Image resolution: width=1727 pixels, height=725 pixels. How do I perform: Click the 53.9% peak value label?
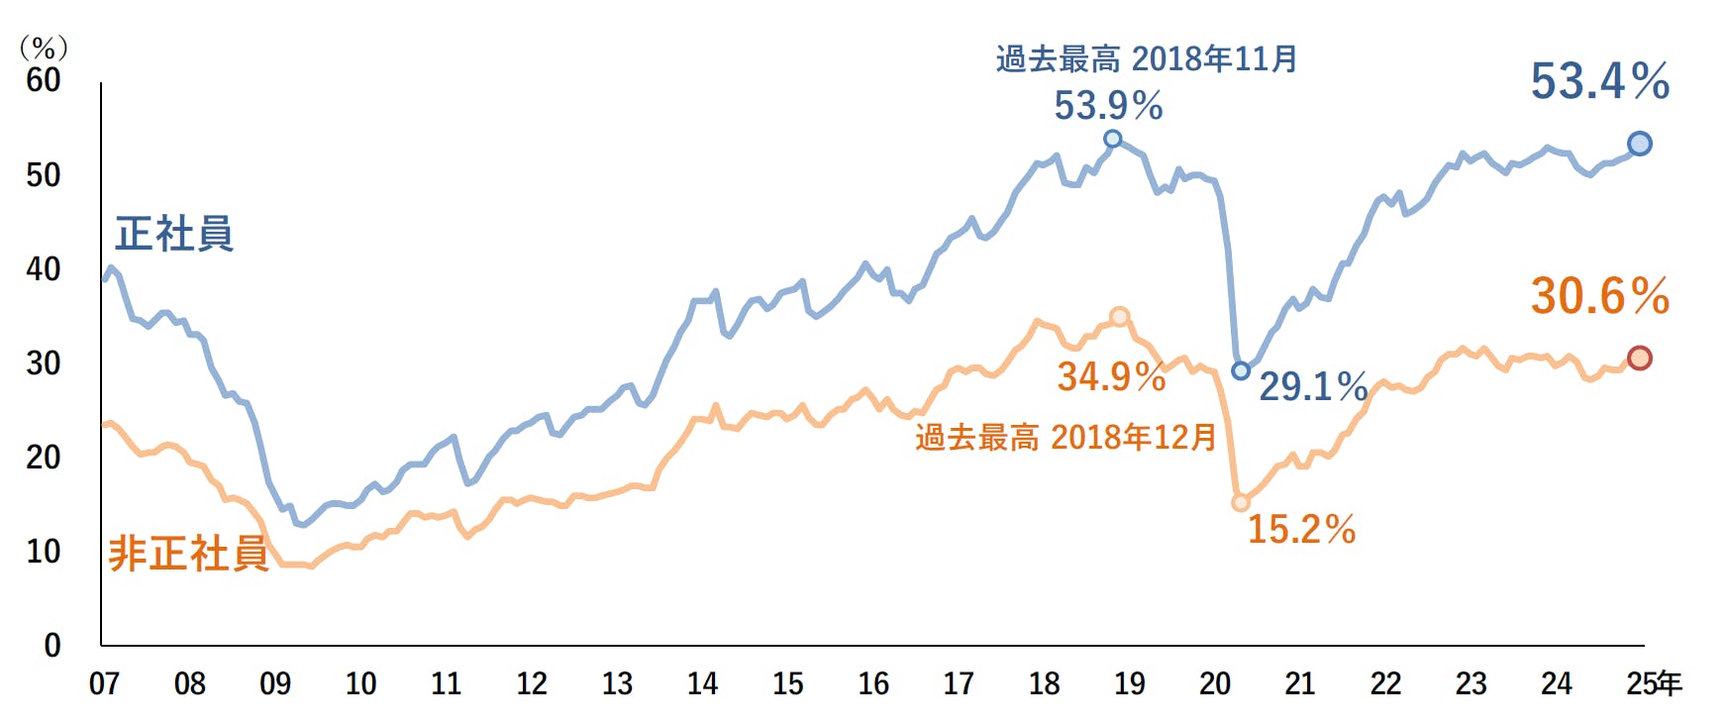pos(1108,105)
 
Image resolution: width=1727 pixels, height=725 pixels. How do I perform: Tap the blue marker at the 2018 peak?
pos(1113,139)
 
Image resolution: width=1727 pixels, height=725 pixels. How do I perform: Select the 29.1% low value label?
pos(1313,386)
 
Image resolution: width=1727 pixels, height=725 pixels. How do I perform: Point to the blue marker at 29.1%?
pos(1241,370)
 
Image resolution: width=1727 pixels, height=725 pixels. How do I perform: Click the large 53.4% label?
pos(1599,81)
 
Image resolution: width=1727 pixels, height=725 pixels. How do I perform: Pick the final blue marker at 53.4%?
pos(1640,144)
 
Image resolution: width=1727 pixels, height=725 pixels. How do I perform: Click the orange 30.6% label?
pos(1599,296)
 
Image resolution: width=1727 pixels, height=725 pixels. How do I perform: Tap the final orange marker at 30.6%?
pos(1640,358)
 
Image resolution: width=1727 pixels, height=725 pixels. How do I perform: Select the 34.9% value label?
pos(1111,376)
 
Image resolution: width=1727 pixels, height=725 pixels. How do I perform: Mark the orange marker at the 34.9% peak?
pos(1120,317)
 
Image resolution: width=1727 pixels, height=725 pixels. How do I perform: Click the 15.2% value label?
pos(1301,529)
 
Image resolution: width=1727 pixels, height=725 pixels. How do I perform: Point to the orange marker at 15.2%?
pos(1241,502)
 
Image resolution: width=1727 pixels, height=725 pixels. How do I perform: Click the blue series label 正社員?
pos(174,234)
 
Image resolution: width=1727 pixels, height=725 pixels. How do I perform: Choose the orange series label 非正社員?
pos(188,554)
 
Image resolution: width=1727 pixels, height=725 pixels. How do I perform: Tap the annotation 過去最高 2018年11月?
pos(1147,59)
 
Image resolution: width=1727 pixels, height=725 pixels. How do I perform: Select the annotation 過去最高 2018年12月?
pos(1066,437)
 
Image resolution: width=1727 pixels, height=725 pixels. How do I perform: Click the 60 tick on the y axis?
pos(44,80)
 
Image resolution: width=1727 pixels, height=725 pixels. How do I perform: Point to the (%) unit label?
pos(44,48)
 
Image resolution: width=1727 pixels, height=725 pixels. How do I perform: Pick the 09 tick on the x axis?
pos(275,683)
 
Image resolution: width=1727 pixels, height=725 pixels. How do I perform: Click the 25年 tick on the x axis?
pos(1654,683)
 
